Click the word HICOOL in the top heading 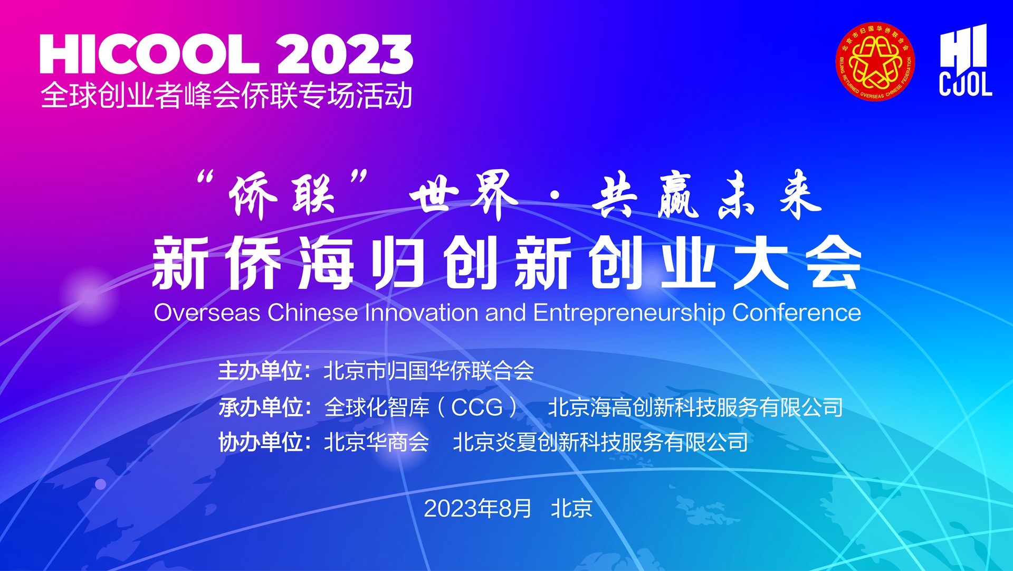coord(150,54)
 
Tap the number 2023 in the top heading coord(345,54)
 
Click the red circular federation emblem coord(875,61)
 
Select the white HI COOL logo coord(965,60)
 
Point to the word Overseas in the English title coord(207,313)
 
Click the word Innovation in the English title coord(422,313)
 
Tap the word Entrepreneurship coord(629,313)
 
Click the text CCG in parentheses coord(477,407)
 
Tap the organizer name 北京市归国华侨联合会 coord(429,371)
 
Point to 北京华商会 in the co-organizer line coord(376,442)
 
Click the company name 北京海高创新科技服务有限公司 coord(695,407)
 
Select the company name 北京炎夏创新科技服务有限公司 coord(600,442)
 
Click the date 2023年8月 coord(478,508)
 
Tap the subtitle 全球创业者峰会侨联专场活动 coord(226,96)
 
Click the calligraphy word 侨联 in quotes coord(283,195)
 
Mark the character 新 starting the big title coord(180,263)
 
